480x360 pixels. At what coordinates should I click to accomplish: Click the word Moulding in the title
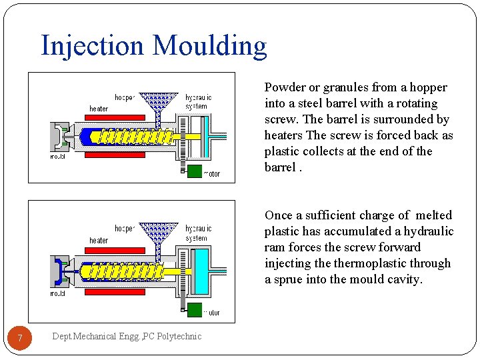coord(209,47)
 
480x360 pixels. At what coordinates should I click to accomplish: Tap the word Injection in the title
coord(92,45)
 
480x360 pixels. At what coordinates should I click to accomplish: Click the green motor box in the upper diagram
coord(194,171)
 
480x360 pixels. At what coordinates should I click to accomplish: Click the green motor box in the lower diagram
coord(194,309)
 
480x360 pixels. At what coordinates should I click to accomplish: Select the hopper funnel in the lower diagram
coord(158,233)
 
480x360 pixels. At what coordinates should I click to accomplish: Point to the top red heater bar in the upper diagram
coord(115,117)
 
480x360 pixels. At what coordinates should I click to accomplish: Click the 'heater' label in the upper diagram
coord(99,109)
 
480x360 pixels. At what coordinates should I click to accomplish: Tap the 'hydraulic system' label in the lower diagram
coord(198,233)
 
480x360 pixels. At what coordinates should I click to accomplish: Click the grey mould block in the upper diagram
coord(57,137)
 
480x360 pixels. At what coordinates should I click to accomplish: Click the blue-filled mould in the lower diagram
coord(58,271)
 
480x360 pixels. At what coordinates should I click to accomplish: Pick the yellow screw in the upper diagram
coord(130,137)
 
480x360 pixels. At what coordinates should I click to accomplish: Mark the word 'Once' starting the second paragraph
coord(279,215)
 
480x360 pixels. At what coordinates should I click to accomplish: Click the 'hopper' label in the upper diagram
coord(125,97)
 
